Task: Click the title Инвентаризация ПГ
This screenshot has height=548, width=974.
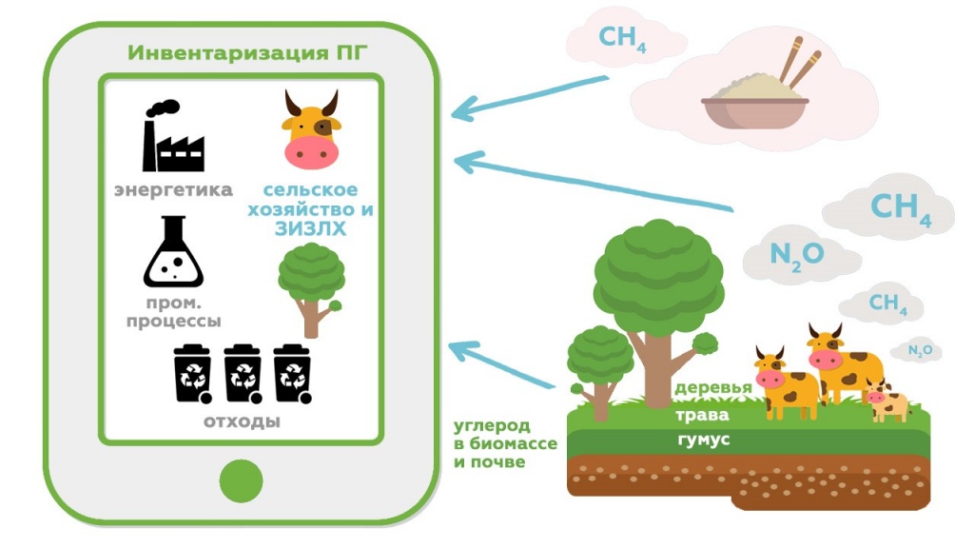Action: (x=241, y=51)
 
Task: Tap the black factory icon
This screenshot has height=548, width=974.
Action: (x=173, y=137)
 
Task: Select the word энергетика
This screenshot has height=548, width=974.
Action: (x=173, y=190)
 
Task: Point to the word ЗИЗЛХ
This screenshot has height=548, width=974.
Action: (x=310, y=229)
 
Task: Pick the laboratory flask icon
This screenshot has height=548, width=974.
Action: (x=173, y=254)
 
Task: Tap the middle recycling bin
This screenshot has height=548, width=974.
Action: (x=242, y=374)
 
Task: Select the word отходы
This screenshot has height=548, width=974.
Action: (x=242, y=420)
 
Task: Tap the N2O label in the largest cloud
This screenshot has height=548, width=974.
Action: (x=797, y=254)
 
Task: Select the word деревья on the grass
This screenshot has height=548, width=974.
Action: (x=713, y=388)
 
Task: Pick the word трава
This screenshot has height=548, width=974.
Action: (x=704, y=415)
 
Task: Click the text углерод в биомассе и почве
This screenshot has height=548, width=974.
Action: (x=491, y=443)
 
